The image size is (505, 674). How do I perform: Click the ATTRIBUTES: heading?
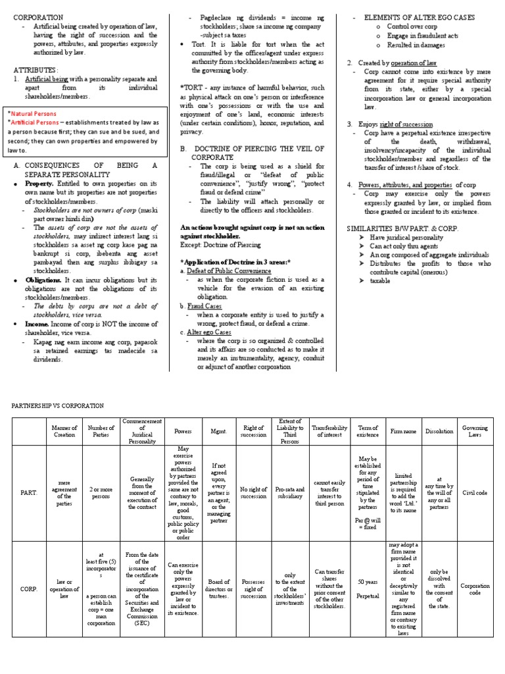tap(36, 69)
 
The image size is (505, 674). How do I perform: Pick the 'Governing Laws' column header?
tap(475, 431)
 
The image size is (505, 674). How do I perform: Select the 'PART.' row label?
tap(28, 491)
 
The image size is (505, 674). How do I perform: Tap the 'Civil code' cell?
tap(475, 491)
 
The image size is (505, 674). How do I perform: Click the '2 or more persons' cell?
tap(101, 491)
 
